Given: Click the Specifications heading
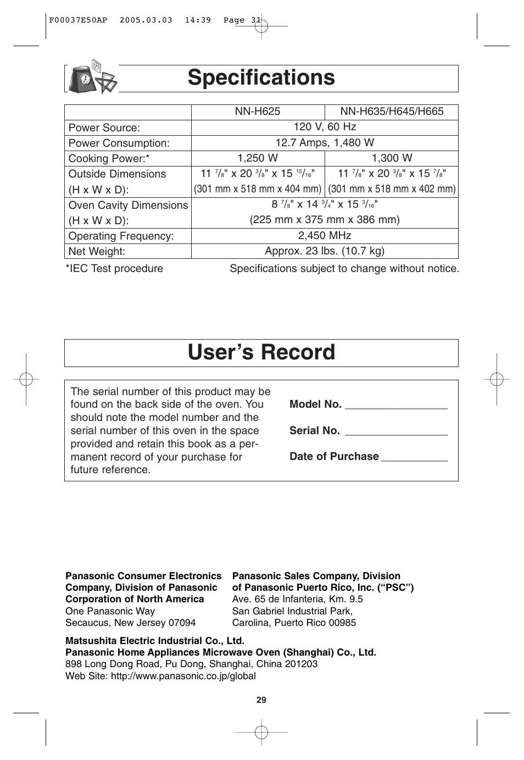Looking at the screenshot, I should [261, 78].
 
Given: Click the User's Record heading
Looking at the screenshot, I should [261, 352].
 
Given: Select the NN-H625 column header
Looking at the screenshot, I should [257, 112].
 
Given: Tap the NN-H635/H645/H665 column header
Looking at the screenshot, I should [391, 112].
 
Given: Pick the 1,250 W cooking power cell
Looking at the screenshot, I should [257, 158].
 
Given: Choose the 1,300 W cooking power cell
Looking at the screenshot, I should [391, 158].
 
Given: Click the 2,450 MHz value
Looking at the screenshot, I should [324, 236].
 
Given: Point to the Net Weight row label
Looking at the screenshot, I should [97, 252].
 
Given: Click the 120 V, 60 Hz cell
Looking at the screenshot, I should [324, 127].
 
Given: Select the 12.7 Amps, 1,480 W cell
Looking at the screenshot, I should [324, 143].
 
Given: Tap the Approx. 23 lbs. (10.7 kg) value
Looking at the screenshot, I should [324, 251].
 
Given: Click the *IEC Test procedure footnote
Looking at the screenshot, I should [114, 269].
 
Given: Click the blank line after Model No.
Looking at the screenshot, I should [396, 407].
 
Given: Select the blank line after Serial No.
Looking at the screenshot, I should [396, 433].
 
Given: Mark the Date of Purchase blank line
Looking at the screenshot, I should [414, 459].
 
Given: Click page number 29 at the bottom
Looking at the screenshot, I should [261, 700].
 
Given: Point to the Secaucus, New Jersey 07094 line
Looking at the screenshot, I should [130, 623].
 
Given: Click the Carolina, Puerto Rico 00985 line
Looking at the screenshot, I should [294, 623].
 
